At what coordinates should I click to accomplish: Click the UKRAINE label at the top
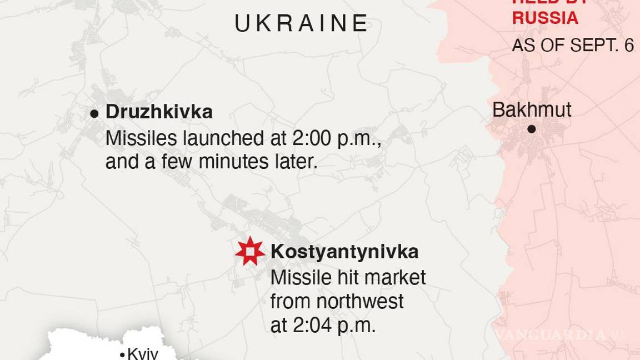(x=302, y=23)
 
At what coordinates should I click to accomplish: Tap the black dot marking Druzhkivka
(x=94, y=113)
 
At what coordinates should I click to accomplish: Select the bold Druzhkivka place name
(x=159, y=112)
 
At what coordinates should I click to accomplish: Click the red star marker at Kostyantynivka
(x=250, y=251)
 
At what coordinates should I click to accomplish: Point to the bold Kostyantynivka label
(x=344, y=252)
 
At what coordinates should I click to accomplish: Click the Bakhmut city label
(x=532, y=109)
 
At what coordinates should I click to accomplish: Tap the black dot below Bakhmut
(x=532, y=129)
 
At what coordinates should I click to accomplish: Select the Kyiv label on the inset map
(x=143, y=353)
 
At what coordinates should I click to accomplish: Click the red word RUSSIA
(x=545, y=18)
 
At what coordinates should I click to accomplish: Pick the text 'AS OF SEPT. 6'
(x=573, y=45)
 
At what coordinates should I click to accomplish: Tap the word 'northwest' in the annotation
(x=359, y=302)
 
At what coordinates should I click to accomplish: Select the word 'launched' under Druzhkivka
(x=212, y=138)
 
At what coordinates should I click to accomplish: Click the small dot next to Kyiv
(x=122, y=354)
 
